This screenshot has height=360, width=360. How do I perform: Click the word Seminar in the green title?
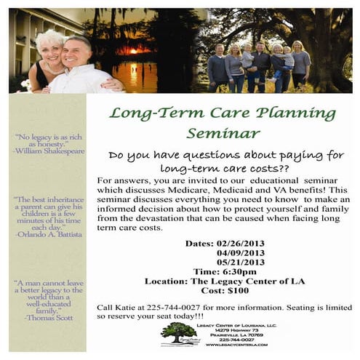click(223, 133)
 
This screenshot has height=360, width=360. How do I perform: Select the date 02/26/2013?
click(243, 243)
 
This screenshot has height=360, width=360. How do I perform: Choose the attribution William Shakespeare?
click(49, 151)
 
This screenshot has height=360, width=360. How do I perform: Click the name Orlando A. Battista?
click(49, 234)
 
